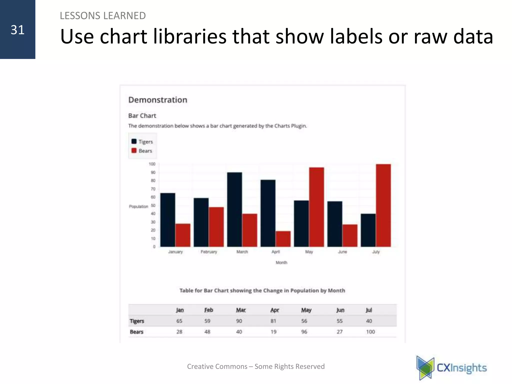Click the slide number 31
17,30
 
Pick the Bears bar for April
283,239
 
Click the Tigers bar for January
168,220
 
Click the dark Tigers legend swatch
134,141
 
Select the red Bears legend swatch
134,150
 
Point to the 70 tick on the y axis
153,189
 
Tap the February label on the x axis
209,252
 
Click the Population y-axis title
138,206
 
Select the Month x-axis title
281,262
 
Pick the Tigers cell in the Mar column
239,321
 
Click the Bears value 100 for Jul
370,332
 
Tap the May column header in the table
306,310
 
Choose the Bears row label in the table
136,332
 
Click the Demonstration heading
158,100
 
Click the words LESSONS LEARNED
103,16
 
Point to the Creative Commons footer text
256,366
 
